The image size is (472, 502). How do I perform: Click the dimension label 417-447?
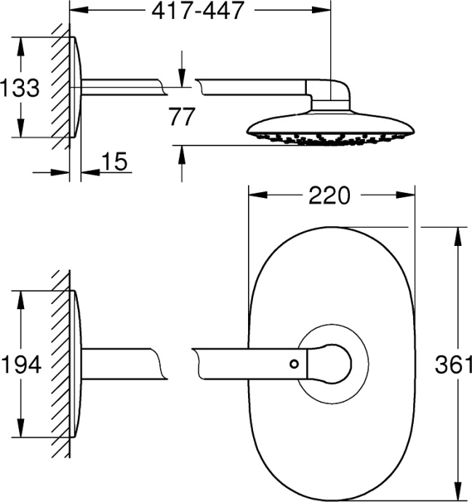click(197, 12)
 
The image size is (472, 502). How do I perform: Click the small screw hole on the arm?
click(294, 363)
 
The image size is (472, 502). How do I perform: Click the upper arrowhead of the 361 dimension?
click(458, 235)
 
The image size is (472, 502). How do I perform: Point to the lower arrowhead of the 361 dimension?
click(458, 493)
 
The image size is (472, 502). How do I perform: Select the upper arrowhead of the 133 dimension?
click(21, 44)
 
